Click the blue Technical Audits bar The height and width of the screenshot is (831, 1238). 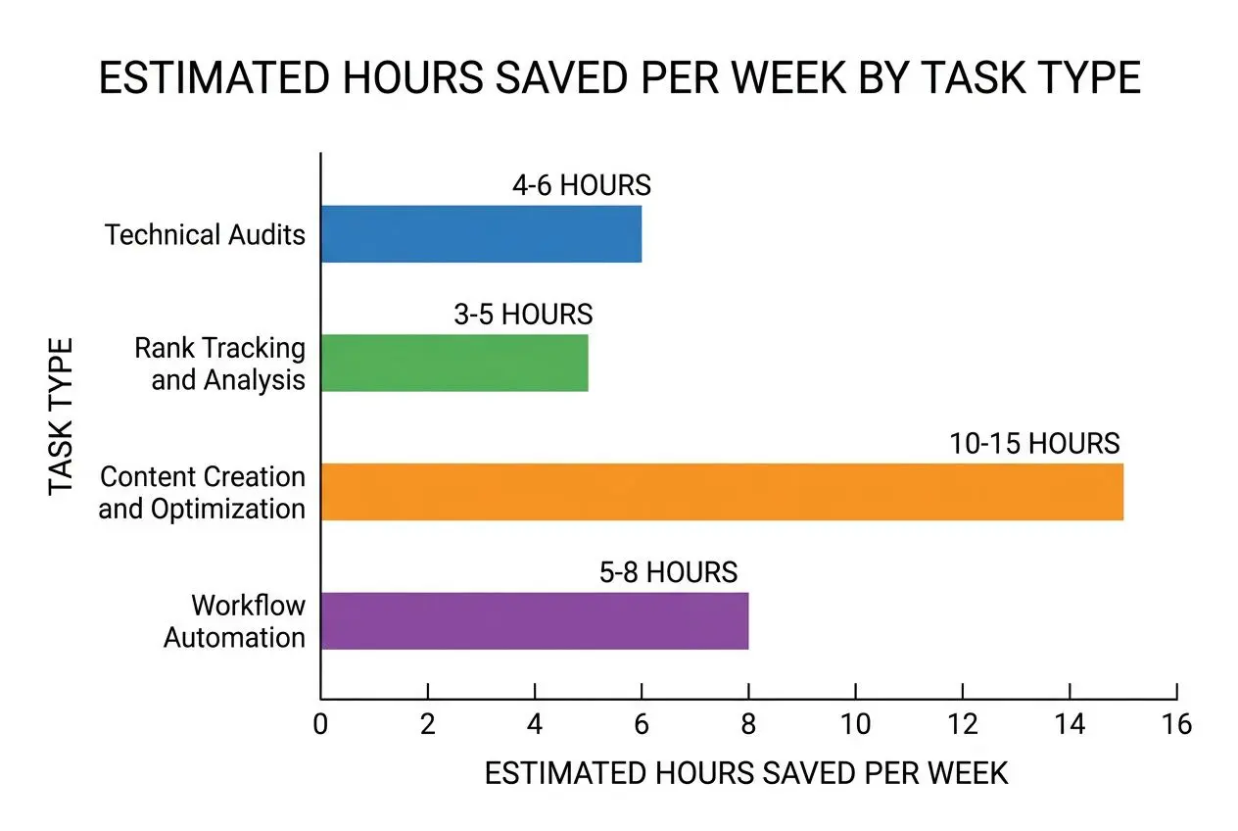pos(481,234)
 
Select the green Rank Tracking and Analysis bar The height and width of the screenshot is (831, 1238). pos(454,363)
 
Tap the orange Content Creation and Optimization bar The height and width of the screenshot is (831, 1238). pos(722,492)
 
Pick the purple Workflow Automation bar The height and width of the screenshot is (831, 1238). pos(535,620)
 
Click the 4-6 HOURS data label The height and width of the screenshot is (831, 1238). pos(581,185)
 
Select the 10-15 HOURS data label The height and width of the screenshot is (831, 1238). pos(1034,444)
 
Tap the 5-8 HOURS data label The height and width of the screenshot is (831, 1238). pos(668,572)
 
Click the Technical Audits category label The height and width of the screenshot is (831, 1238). pos(205,235)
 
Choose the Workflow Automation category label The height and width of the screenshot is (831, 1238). pos(234,620)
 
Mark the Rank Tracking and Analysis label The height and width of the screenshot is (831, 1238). pos(220,364)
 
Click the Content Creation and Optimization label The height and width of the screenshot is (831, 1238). pos(203,493)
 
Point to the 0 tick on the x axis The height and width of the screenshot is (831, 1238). pos(320,724)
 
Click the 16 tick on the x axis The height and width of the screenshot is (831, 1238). pos(1176,724)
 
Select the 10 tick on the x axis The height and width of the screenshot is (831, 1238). pos(855,724)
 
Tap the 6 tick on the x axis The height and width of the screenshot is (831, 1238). pos(642,724)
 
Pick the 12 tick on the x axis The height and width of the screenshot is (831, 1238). pos(963,724)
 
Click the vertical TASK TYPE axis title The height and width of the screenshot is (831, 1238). pos(62,416)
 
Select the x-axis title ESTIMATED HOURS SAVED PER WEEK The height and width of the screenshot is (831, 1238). pos(746,773)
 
